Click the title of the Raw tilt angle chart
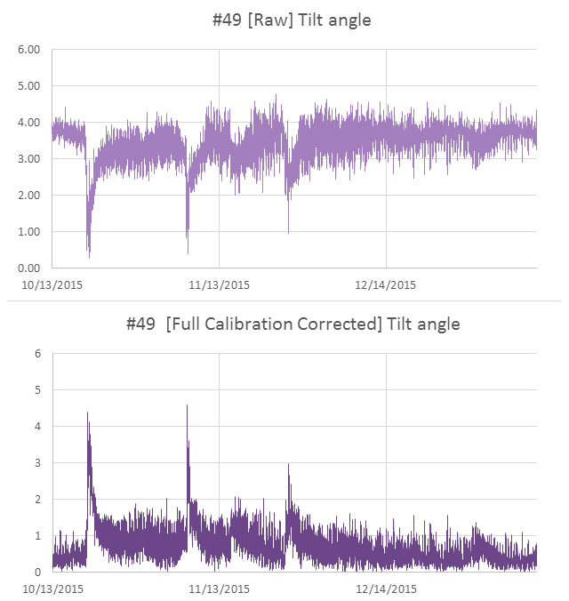point(292,20)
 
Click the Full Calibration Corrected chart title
point(293,324)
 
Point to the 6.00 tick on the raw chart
point(29,50)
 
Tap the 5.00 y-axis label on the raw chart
point(29,86)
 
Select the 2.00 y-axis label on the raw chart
point(29,196)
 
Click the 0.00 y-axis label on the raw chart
point(29,268)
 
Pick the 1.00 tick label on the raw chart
point(29,232)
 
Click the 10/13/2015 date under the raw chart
point(52,285)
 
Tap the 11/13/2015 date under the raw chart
point(219,285)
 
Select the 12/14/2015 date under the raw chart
point(385,285)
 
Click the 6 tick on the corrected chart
point(37,354)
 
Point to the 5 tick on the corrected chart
point(37,390)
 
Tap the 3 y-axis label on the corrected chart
point(37,463)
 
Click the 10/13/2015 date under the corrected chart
point(52,589)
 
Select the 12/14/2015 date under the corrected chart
point(385,589)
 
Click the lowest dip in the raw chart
point(90,256)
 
